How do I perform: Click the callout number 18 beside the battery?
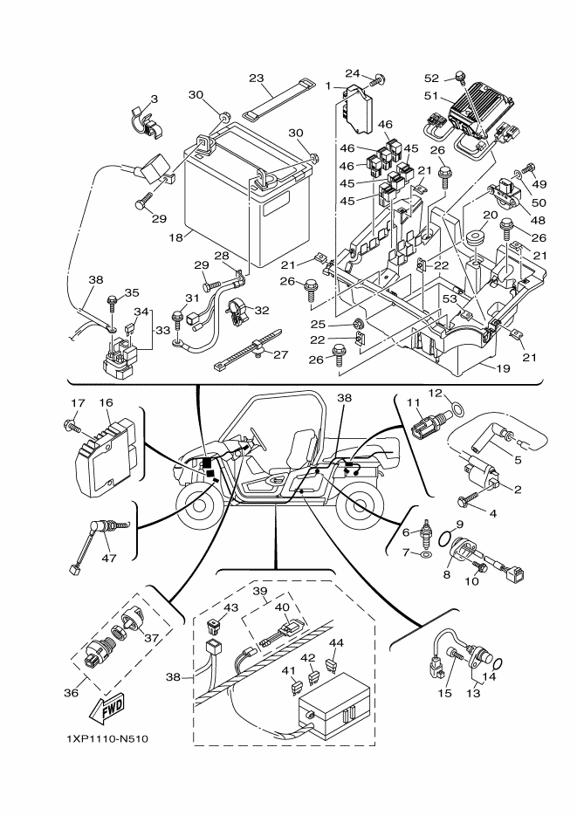pyautogui.click(x=175, y=237)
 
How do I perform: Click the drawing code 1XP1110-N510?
pyautogui.click(x=106, y=740)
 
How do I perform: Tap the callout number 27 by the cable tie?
pyautogui.click(x=279, y=354)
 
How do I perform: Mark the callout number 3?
pyautogui.click(x=154, y=100)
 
